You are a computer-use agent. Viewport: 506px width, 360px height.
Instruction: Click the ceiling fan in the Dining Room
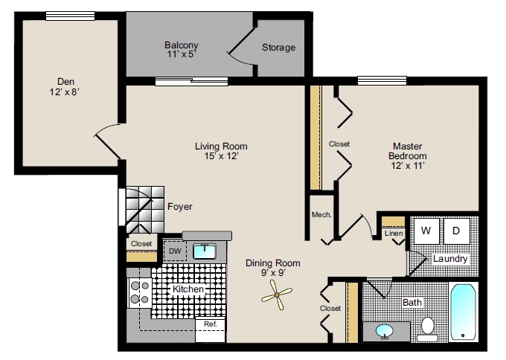coord(277,298)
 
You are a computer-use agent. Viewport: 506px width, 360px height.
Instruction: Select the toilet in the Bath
coord(427,327)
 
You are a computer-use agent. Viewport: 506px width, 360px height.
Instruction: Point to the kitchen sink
coord(204,251)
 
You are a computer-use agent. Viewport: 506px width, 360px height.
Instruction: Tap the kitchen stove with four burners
coord(139,292)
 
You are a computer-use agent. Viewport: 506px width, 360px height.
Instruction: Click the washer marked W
coord(426,231)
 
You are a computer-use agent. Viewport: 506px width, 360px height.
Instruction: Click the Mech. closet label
coord(321,216)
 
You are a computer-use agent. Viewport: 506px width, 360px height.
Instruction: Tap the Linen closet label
coord(394,234)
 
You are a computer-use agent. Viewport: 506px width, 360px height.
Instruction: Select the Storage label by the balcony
coord(278,48)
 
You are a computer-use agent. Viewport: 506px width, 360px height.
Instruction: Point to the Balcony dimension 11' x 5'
coord(181,54)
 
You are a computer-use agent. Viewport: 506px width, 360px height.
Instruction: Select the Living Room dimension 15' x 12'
coord(220,156)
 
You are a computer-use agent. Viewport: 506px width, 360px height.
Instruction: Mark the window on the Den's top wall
coord(64,16)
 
